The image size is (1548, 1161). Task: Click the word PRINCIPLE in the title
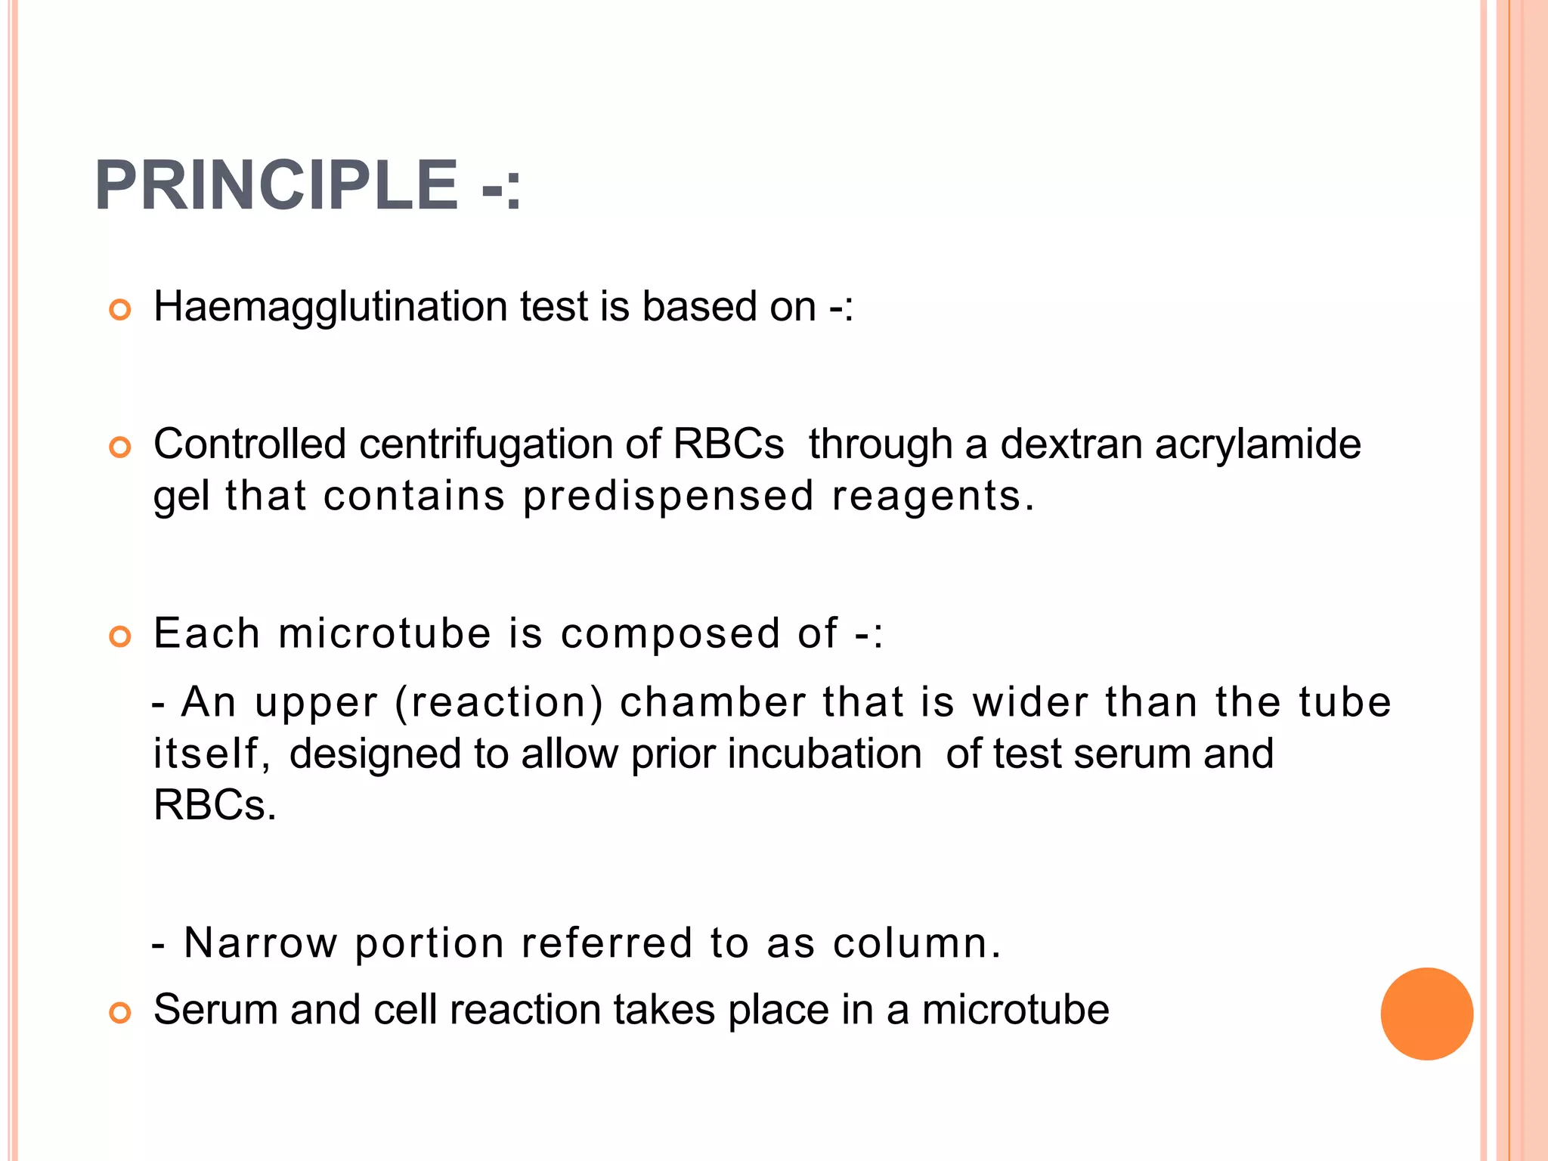coord(276,186)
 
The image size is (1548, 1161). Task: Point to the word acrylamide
coord(1258,444)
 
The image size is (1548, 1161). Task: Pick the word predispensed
coord(668,497)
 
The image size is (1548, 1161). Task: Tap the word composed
coord(670,633)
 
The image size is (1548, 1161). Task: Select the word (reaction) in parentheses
coord(499,702)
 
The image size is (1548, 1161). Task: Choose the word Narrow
coord(261,943)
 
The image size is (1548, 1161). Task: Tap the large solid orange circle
coord(1426,1014)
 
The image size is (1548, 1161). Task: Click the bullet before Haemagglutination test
coord(120,310)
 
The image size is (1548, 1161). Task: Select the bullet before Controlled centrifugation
coord(120,447)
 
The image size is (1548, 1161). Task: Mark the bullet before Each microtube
coord(120,636)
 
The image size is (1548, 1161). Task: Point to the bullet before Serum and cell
coord(120,1013)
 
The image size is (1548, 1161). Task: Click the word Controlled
coord(249,444)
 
